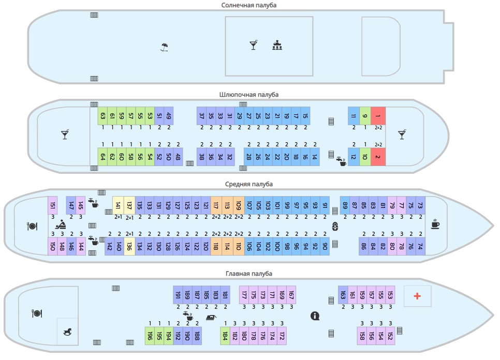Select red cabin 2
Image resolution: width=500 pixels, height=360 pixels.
point(378,157)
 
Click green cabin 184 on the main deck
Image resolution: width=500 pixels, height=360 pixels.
point(225,336)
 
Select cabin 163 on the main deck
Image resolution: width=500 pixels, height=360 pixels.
point(343,295)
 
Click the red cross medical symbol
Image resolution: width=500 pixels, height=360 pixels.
point(417,296)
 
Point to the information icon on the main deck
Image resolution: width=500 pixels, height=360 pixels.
point(314,316)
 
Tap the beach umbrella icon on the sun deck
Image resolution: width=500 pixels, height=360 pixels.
point(165,48)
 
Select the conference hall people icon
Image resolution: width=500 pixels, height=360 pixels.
point(277,46)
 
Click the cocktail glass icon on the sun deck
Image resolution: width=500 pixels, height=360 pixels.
point(253,46)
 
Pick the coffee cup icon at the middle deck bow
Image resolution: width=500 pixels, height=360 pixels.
point(435,225)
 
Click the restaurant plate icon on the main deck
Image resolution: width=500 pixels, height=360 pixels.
point(37,313)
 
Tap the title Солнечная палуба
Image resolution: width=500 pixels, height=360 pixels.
point(249,5)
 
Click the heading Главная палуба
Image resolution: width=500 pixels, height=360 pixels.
point(249,273)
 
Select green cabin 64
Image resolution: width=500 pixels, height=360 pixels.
point(103,157)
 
